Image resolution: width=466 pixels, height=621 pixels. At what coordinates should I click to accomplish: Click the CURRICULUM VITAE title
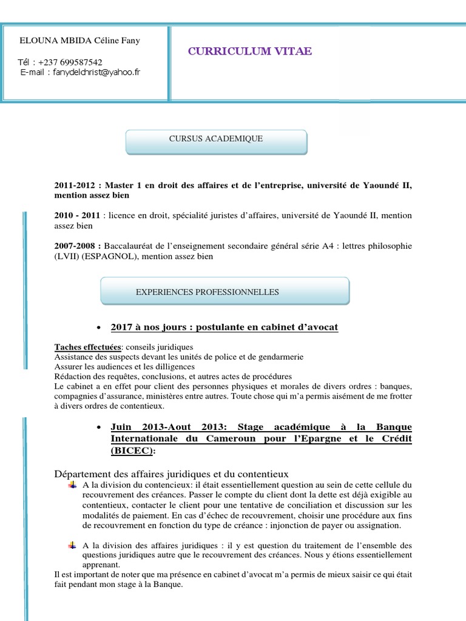click(250, 52)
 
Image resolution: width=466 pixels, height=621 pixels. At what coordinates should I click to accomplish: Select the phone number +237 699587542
click(69, 62)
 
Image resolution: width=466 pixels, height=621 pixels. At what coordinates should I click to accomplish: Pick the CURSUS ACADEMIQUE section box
click(216, 139)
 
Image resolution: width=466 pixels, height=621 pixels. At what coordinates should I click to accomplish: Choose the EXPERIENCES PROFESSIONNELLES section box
click(225, 292)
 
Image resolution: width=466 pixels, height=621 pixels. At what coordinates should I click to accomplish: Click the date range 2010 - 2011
click(77, 216)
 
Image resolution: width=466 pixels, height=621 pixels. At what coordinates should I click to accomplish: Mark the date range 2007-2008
click(78, 246)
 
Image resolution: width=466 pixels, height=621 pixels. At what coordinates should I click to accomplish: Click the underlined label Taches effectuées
click(87, 347)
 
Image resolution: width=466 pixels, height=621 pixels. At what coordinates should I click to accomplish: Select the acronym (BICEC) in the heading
click(132, 451)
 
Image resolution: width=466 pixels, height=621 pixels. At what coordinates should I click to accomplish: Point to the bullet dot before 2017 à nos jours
click(99, 327)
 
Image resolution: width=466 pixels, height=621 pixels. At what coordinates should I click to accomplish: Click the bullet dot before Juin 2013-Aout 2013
click(99, 428)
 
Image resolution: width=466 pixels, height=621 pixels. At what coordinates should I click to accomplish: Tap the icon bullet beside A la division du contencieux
click(73, 484)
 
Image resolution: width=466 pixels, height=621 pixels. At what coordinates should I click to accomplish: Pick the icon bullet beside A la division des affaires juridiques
click(73, 545)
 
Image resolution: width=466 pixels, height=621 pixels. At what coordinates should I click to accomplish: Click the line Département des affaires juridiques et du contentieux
click(171, 474)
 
